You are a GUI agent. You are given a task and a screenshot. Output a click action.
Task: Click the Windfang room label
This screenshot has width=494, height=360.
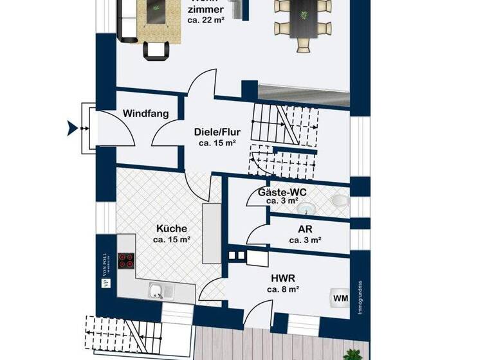(146, 114)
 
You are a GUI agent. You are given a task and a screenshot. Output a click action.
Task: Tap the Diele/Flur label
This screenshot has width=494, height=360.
(217, 133)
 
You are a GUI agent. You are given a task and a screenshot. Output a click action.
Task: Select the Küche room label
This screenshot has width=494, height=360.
(171, 228)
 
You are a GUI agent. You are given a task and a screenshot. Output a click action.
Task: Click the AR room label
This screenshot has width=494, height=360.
(305, 230)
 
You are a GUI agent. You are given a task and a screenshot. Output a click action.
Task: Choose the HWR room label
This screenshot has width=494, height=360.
(282, 278)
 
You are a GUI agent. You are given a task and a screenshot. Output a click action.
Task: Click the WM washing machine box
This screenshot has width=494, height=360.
(340, 298)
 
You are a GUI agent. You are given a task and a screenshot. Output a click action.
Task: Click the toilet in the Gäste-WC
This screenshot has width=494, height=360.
(338, 202)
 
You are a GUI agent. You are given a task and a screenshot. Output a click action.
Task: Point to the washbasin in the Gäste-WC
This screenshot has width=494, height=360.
(308, 208)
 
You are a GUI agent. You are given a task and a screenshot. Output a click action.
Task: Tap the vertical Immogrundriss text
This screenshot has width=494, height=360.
(360, 296)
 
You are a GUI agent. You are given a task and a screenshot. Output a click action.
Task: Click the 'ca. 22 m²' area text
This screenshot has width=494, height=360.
(205, 21)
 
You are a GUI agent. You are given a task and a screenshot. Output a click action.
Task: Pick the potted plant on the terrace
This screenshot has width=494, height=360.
(352, 354)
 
